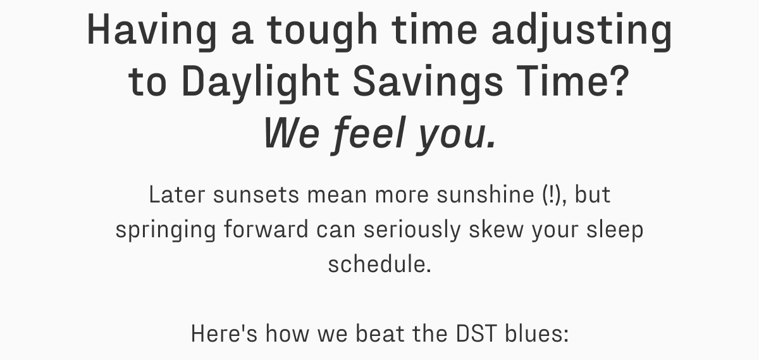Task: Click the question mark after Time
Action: pos(616,82)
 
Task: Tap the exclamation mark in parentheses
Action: pos(551,195)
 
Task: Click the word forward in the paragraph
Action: pos(266,229)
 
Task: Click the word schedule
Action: pos(378,263)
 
